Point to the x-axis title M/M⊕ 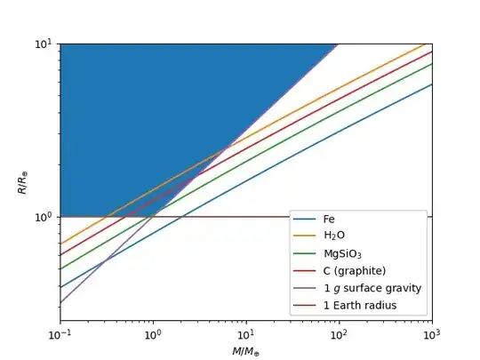point(246,352)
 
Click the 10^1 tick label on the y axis point(44,44)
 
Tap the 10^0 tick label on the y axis point(44,217)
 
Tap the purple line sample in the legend point(308,288)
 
